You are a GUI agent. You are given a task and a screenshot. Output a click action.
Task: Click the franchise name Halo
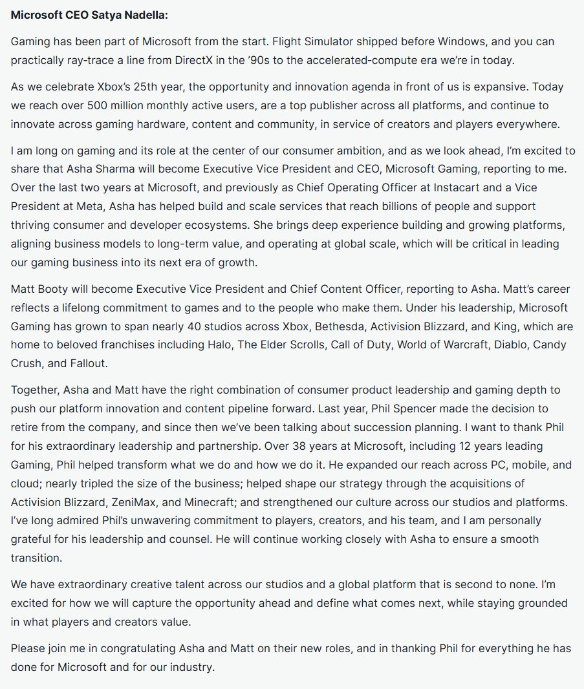219,345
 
